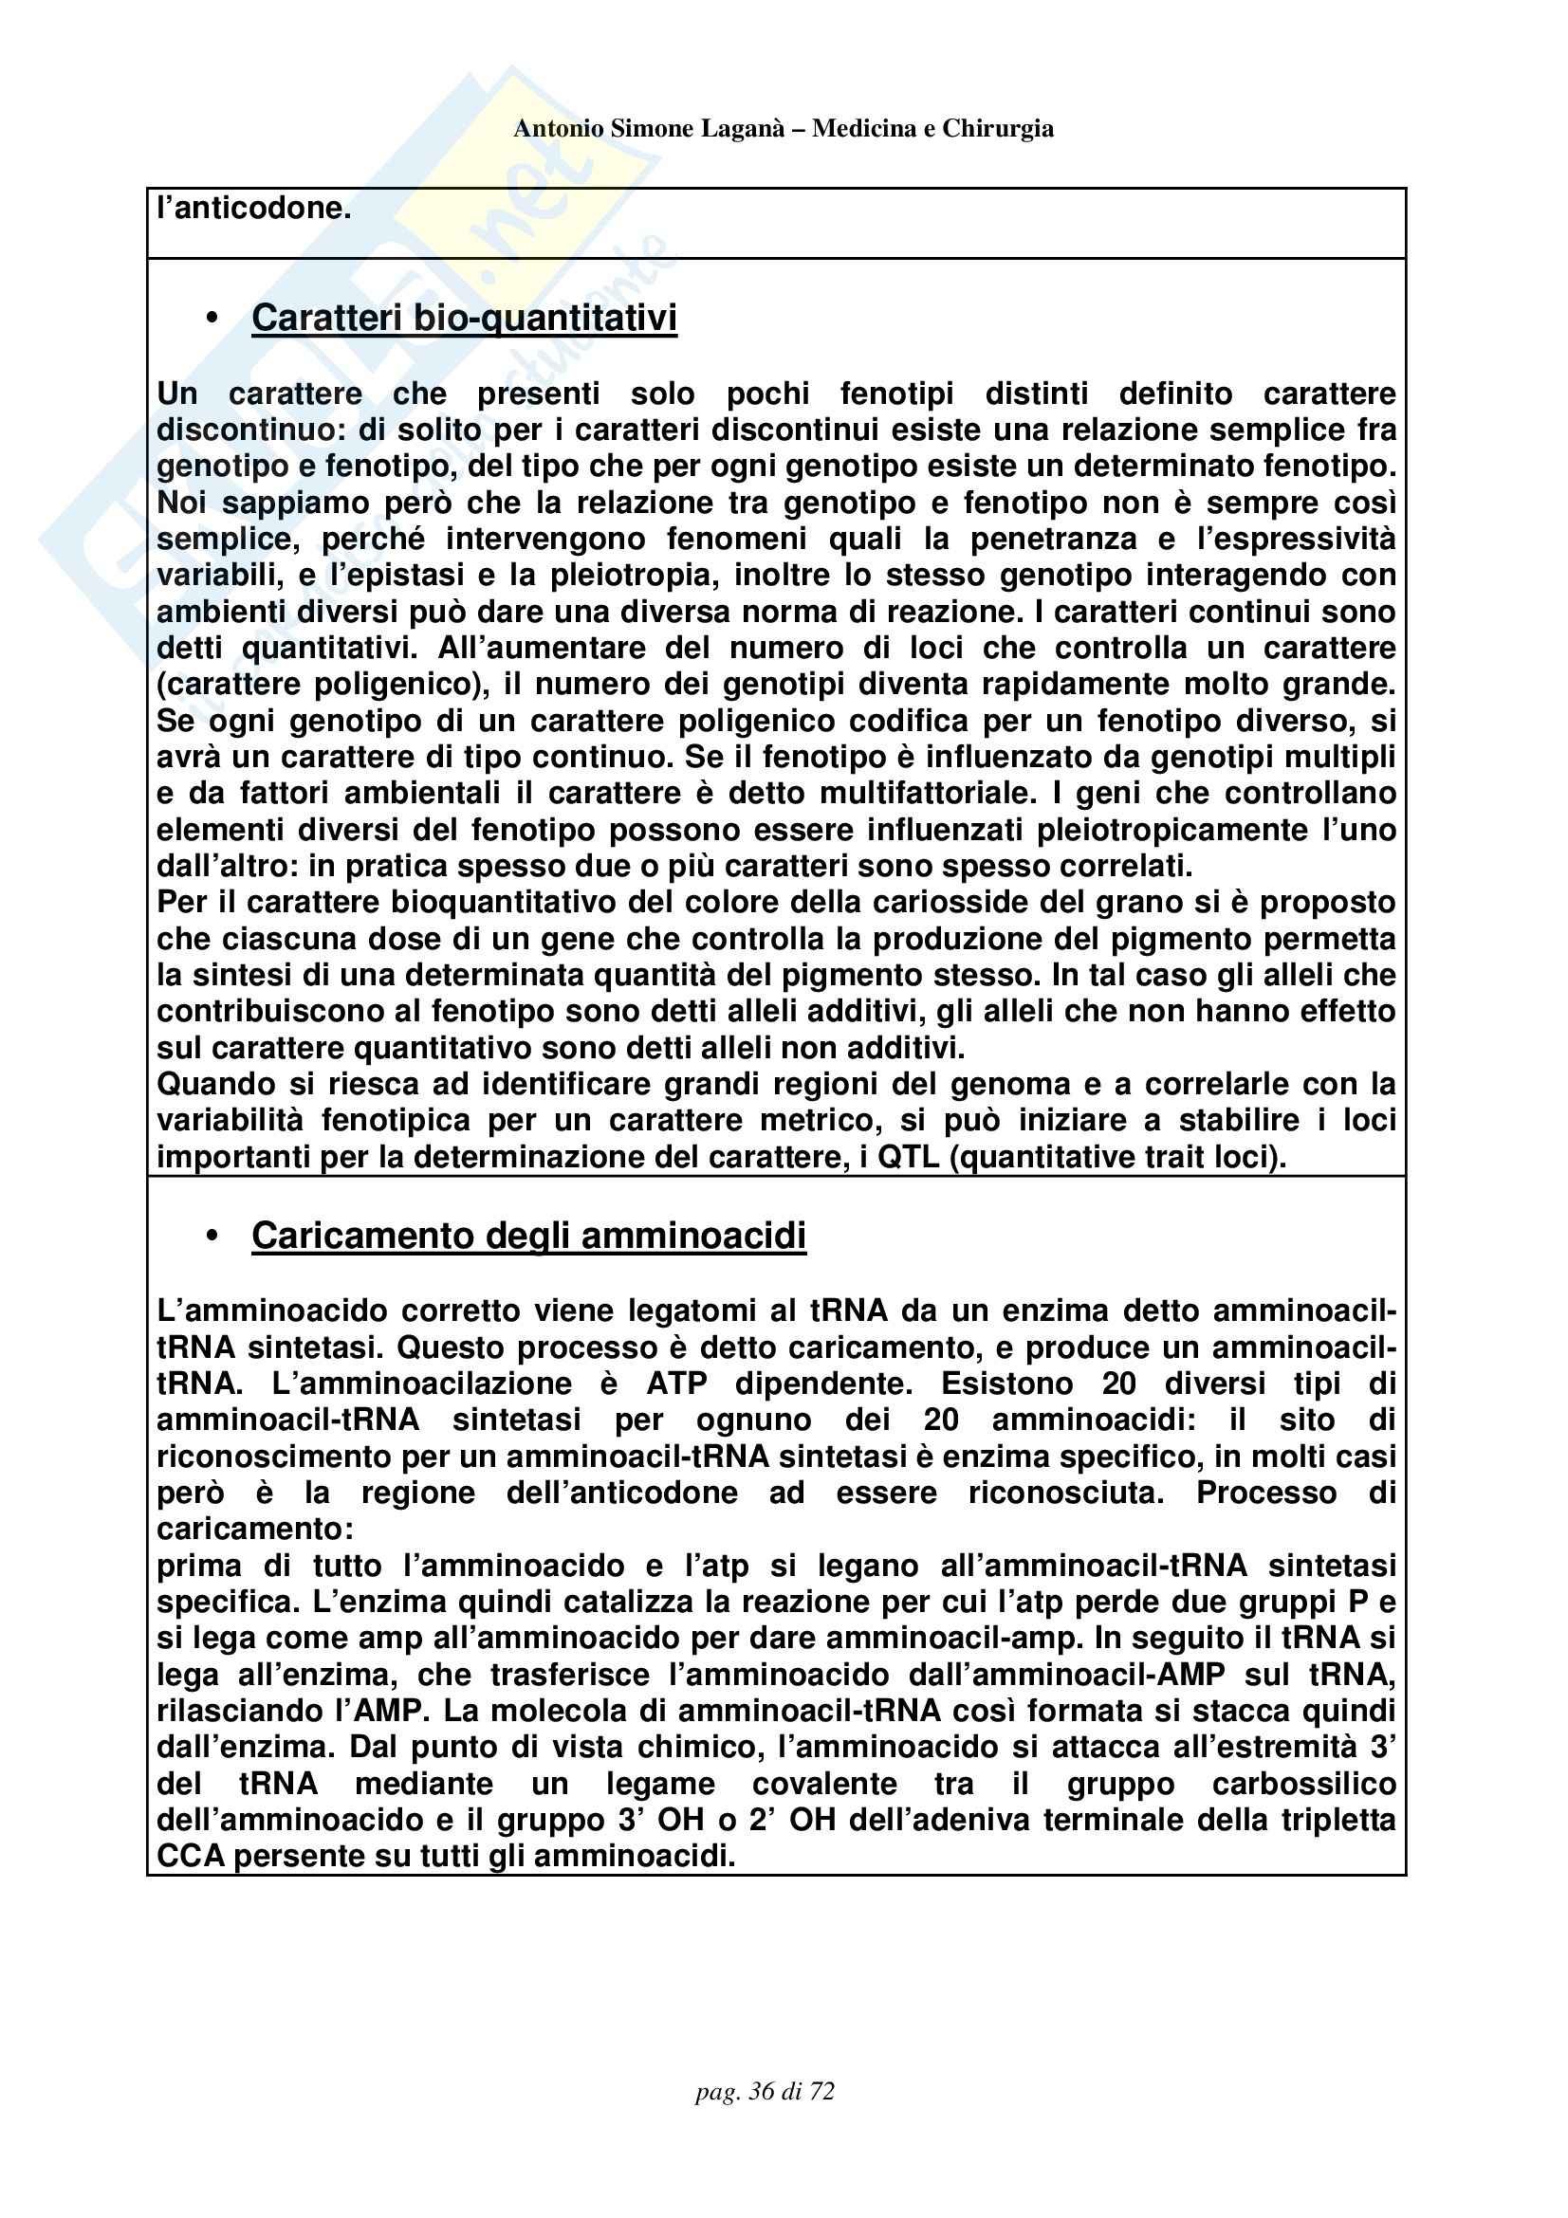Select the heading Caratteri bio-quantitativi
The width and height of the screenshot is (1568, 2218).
(x=464, y=318)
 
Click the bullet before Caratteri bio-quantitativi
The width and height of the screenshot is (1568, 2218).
(x=212, y=320)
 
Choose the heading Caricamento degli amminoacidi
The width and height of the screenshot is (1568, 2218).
(x=528, y=1236)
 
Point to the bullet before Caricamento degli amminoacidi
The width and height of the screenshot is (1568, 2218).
(x=212, y=1237)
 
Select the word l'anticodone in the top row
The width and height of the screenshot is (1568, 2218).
(x=254, y=208)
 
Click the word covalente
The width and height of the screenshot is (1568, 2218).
(x=824, y=1785)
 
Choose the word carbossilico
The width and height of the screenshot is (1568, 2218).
(x=1303, y=1785)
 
